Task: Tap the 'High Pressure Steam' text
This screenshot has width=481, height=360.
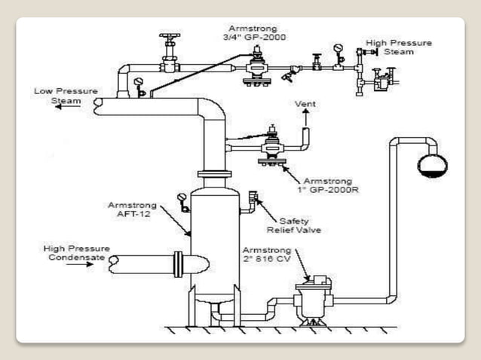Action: (398, 47)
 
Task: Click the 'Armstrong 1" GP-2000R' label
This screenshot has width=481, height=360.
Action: (330, 185)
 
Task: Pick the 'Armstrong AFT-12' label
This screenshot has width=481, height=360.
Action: (133, 209)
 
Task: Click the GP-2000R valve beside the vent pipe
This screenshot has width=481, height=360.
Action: (269, 147)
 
